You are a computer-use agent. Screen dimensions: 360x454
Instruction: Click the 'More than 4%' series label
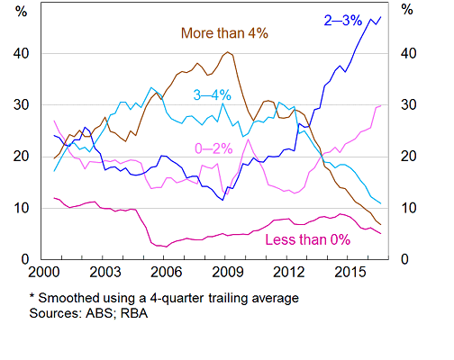pyautogui.click(x=224, y=34)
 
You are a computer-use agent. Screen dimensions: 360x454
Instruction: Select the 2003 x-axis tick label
pyautogui.click(x=104, y=271)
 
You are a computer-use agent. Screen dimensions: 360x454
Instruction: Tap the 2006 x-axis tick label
pyautogui.click(x=163, y=271)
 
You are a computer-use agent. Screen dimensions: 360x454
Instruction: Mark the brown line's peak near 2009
pyautogui.click(x=228, y=52)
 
